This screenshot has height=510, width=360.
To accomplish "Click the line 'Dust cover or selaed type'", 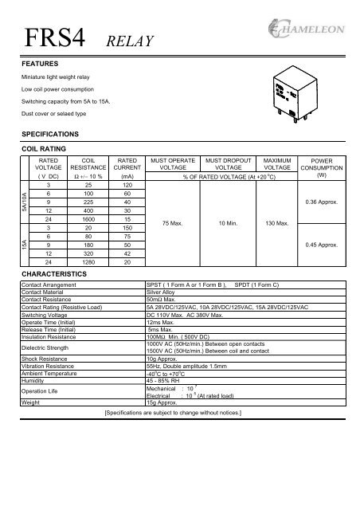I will coord(54,117).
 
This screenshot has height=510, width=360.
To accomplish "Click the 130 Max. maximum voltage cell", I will coord(280,224).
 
